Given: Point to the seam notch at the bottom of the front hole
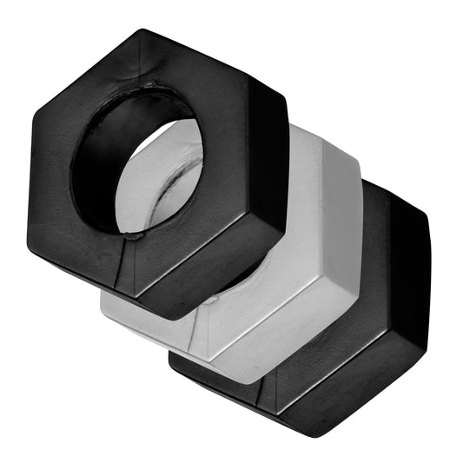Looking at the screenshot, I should (x=130, y=232).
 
